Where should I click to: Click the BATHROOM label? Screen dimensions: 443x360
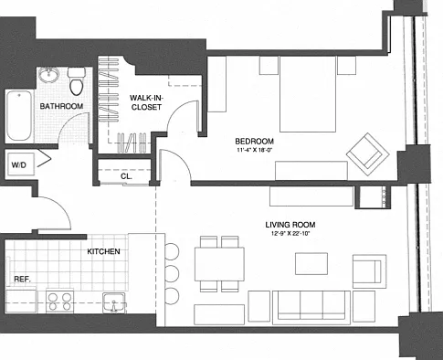click(61, 106)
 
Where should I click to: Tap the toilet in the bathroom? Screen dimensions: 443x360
click(76, 81)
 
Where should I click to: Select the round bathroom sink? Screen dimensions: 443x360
click(48, 75)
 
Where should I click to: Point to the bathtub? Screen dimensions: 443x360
click(19, 116)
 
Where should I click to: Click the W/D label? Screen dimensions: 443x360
click(19, 165)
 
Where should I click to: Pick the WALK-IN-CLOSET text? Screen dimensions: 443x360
click(146, 102)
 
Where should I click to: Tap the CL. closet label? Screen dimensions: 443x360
click(126, 176)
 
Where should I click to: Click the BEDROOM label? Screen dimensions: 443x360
click(255, 142)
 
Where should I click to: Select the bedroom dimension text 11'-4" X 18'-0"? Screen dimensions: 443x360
click(254, 150)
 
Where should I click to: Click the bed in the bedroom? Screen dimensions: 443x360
click(308, 94)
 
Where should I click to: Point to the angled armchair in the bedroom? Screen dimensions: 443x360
click(368, 154)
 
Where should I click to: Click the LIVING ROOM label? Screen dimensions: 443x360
click(290, 225)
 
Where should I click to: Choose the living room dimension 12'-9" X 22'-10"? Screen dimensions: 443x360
click(290, 234)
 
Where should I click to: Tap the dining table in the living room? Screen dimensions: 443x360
click(219, 264)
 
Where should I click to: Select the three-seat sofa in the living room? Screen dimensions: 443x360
click(311, 307)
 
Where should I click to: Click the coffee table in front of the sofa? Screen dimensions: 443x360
click(311, 263)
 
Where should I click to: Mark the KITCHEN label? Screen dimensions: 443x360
click(103, 251)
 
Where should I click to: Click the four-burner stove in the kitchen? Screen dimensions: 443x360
click(59, 302)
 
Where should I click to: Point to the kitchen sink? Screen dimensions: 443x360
click(114, 302)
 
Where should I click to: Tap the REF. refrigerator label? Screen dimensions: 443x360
click(23, 279)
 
